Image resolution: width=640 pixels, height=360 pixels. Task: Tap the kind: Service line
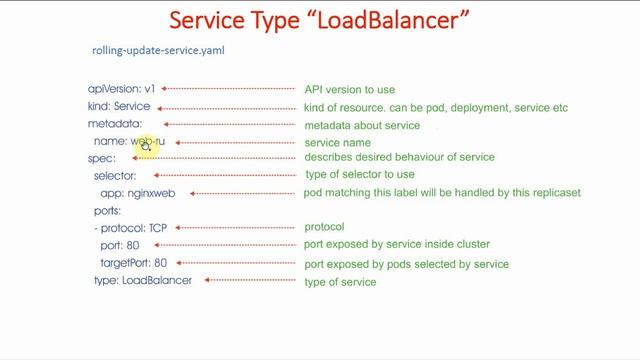(x=119, y=106)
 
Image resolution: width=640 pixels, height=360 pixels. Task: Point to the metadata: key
(x=115, y=124)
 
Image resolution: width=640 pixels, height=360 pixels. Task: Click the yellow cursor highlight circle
(x=146, y=145)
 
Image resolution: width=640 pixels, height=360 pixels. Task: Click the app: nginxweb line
(x=138, y=193)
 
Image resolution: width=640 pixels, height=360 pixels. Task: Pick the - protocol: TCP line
(x=130, y=228)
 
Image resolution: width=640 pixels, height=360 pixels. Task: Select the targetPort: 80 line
(x=133, y=263)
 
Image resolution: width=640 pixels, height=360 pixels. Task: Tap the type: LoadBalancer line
(x=142, y=280)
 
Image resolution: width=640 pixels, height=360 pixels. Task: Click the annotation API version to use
(x=349, y=90)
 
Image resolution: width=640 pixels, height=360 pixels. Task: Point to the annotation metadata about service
(x=362, y=125)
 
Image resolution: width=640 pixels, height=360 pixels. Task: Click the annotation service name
(x=337, y=143)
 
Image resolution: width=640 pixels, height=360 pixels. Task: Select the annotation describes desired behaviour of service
(x=399, y=157)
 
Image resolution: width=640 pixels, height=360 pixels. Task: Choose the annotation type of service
(x=340, y=282)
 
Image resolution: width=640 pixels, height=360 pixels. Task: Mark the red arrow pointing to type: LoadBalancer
(x=249, y=281)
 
